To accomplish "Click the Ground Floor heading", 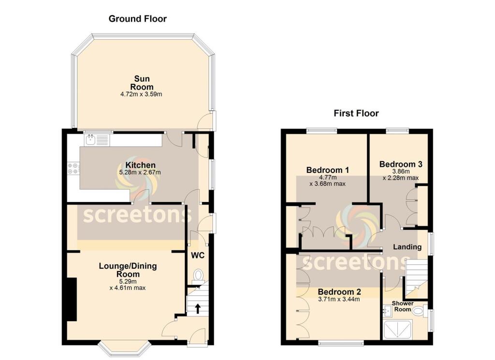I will click(137, 19).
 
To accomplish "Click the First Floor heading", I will click(356, 114).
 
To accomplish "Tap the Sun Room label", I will click(142, 83).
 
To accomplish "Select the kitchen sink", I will click(91, 140).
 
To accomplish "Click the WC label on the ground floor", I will click(198, 255).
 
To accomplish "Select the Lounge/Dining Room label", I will click(128, 270).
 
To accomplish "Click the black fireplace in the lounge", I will click(71, 300).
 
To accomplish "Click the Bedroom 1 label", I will click(327, 170).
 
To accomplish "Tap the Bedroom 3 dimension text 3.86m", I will click(400, 172).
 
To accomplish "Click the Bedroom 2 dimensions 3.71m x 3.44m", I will click(339, 300).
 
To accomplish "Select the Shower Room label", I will click(402, 306).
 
